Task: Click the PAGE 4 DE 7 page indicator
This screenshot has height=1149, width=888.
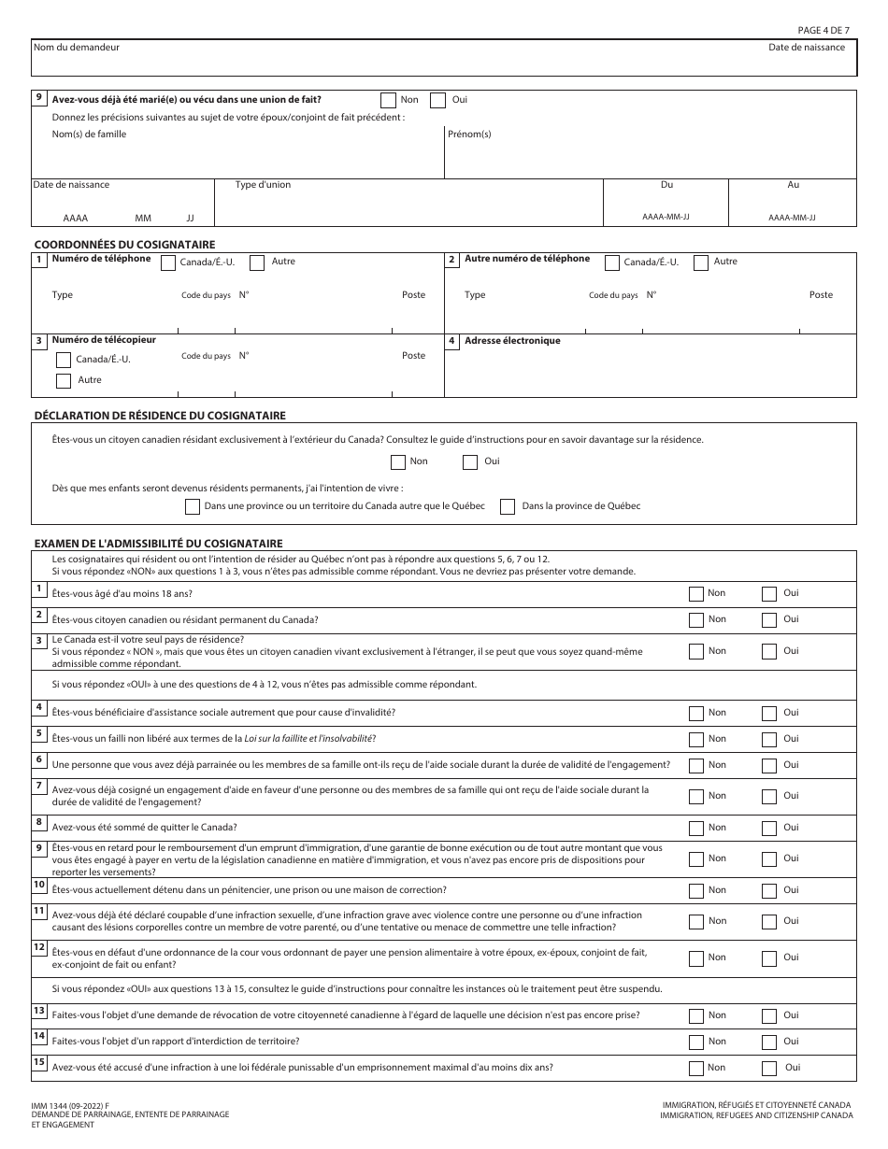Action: tap(824, 30)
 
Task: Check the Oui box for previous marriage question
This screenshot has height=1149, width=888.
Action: tap(437, 100)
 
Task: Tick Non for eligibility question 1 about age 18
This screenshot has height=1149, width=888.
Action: tap(696, 593)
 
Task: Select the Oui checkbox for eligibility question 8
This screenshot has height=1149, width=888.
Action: tap(769, 828)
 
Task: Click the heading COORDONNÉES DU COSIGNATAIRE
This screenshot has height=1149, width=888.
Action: tap(124, 245)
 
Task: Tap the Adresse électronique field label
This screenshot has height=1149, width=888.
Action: tap(512, 341)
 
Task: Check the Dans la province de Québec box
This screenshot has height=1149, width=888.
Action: tap(508, 506)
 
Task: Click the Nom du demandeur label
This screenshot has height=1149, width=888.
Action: tap(77, 47)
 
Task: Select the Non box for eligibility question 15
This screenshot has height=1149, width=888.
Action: tap(696, 1068)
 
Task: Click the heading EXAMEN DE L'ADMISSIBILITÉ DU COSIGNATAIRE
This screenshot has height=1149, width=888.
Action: tap(158, 543)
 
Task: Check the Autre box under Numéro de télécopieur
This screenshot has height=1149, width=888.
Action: tap(64, 380)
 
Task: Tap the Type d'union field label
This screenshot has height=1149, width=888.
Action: tap(263, 185)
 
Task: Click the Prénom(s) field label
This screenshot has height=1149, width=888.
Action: tap(469, 135)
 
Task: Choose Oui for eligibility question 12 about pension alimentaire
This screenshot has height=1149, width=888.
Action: tap(769, 957)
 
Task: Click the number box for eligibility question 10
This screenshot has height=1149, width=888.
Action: tap(39, 885)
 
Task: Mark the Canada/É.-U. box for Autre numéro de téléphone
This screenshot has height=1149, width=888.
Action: tap(613, 262)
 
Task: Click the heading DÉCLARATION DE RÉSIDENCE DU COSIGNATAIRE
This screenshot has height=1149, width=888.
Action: tap(160, 415)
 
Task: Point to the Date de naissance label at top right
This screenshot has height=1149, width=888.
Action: tap(807, 48)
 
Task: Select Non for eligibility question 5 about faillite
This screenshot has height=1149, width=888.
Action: tap(696, 739)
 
